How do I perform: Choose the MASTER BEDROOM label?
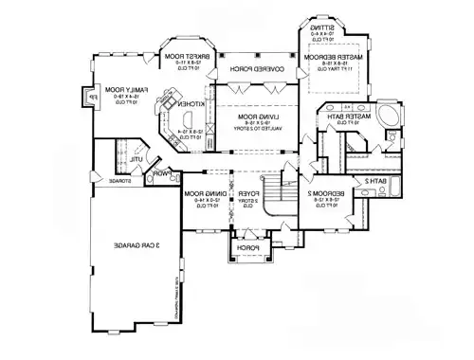click(329, 58)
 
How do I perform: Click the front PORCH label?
click(246, 248)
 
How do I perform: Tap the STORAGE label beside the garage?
click(120, 180)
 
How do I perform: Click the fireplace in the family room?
click(91, 97)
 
